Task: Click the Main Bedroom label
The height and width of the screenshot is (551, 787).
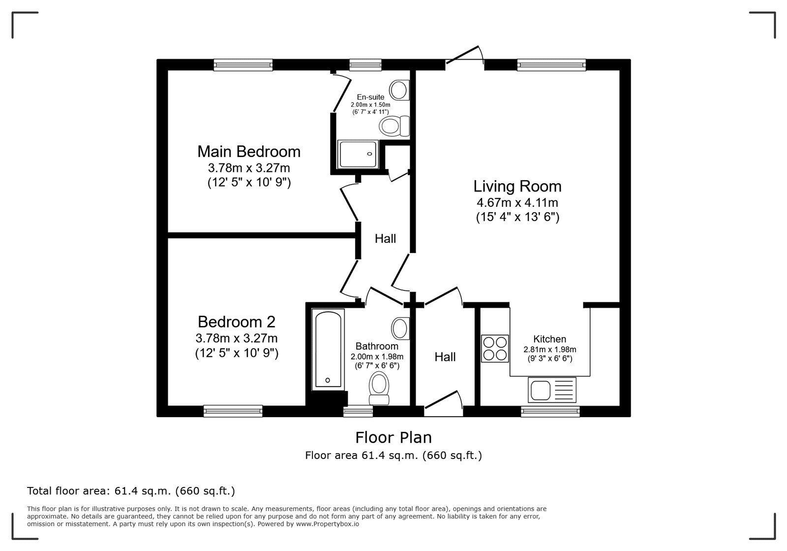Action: pos(248,151)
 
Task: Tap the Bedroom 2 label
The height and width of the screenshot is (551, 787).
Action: pos(236,322)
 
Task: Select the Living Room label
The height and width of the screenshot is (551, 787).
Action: pos(517,186)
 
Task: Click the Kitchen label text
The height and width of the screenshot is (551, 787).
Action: pos(549,339)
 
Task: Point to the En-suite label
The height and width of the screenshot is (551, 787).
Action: pos(370,97)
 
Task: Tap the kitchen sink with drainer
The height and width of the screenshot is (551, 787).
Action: pos(551,390)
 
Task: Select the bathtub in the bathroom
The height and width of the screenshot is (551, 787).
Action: pos(328,350)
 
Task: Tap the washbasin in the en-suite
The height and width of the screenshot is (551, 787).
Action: pos(399,91)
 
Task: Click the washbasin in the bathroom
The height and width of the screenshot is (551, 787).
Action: pos(400,328)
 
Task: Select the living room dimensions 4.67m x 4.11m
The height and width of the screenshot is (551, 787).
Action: pos(517,202)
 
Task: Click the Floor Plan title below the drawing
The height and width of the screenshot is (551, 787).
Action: pos(393,437)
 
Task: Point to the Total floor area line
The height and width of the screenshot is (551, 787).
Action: pos(131,491)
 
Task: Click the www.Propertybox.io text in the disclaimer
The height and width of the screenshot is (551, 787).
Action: pos(327,524)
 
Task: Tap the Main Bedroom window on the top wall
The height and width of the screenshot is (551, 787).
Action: pos(243,65)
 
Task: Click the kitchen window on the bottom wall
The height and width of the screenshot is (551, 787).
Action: pos(550,411)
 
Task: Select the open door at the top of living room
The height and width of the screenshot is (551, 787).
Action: pos(463,55)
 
